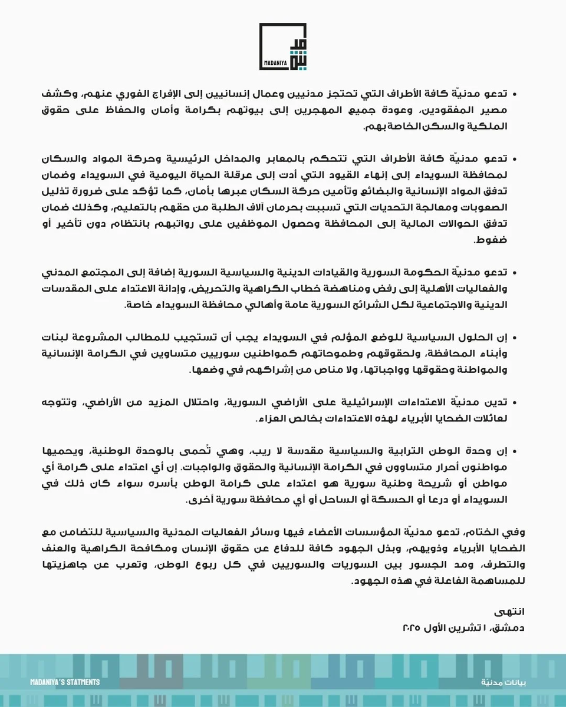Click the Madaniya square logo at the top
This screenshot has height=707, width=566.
(x=283, y=47)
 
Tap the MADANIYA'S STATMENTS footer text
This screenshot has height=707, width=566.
(x=65, y=682)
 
